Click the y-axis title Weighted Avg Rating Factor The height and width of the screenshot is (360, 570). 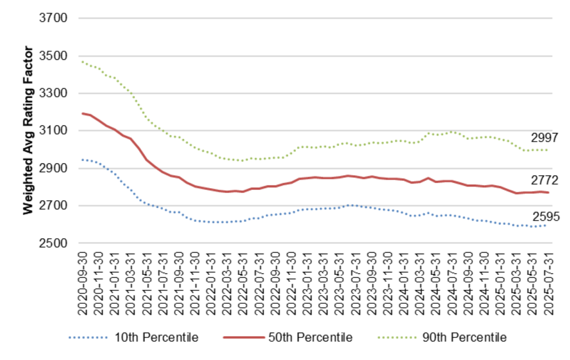[28, 131]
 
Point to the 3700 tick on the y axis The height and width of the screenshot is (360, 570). [53, 18]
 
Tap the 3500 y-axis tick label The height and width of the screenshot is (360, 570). [53, 56]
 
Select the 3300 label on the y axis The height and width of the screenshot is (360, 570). [53, 93]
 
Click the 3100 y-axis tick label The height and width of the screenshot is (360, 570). [53, 131]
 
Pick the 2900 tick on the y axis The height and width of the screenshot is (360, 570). [53, 169]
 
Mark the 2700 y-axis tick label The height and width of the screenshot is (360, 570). [53, 206]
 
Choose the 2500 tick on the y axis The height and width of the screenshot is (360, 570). [53, 243]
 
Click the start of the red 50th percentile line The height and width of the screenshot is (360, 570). [82, 114]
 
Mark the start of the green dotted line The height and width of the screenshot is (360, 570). [82, 62]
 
